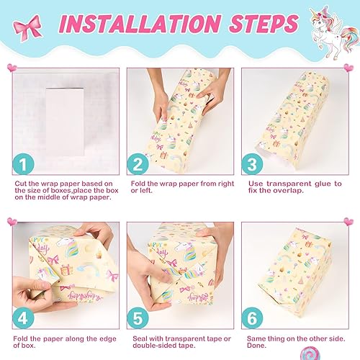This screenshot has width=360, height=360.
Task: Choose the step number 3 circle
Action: pos(251,166)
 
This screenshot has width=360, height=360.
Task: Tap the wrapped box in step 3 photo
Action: pos(288,119)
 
